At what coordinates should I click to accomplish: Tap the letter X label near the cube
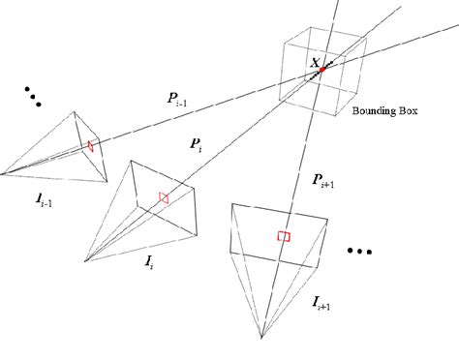pyautogui.click(x=314, y=64)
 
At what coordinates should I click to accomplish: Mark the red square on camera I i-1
pyautogui.click(x=90, y=146)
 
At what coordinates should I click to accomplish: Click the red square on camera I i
pyautogui.click(x=164, y=197)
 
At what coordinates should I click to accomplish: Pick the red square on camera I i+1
pyautogui.click(x=283, y=236)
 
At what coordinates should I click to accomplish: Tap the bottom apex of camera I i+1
pyautogui.click(x=261, y=338)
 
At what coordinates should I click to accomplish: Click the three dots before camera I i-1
pyautogui.click(x=35, y=98)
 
